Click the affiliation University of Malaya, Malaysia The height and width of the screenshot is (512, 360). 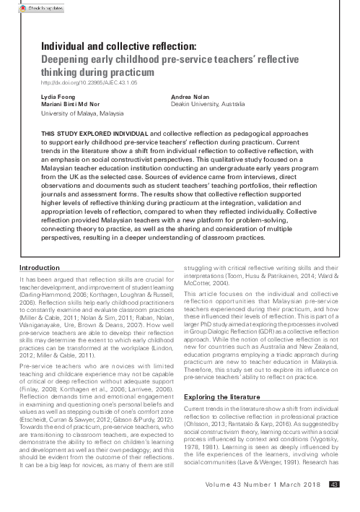(x=83, y=113)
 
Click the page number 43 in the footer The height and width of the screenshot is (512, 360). (x=334, y=504)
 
